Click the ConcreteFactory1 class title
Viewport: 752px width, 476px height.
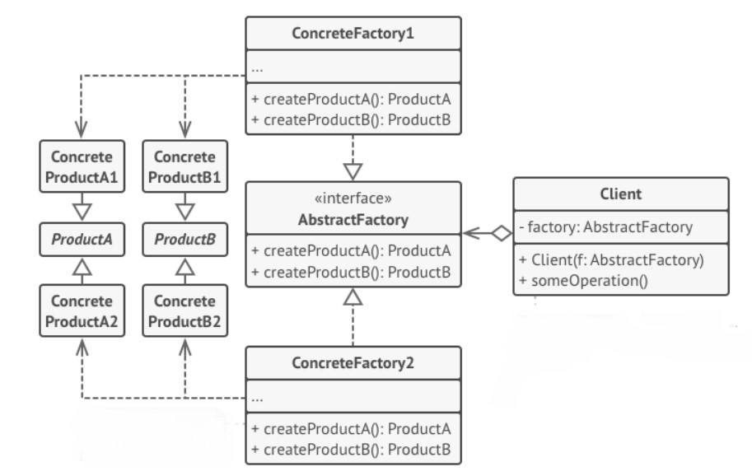pyautogui.click(x=353, y=33)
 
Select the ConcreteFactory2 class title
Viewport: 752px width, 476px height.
pyautogui.click(x=353, y=363)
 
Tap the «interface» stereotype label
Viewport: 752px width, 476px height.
pyautogui.click(x=353, y=198)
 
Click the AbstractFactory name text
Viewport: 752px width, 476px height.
pyautogui.click(x=353, y=220)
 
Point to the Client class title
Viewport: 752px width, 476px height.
pyautogui.click(x=620, y=194)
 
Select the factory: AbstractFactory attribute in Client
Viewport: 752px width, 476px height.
pyautogui.click(x=605, y=226)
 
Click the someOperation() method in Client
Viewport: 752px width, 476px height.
pyautogui.click(x=584, y=281)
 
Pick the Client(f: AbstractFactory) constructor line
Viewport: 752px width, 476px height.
pyautogui.click(x=611, y=259)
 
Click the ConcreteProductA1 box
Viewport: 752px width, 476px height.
pyautogui.click(x=82, y=166)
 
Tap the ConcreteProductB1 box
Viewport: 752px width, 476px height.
pyautogui.click(x=185, y=166)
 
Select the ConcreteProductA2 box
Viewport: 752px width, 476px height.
pyautogui.click(x=82, y=310)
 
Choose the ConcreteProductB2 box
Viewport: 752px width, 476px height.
pyautogui.click(x=185, y=310)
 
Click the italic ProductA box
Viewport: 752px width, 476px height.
pyautogui.click(x=82, y=239)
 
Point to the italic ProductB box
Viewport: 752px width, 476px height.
pyautogui.click(x=185, y=239)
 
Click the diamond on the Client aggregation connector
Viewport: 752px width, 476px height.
pyautogui.click(x=502, y=233)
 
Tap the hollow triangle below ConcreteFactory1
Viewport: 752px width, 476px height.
pyautogui.click(x=353, y=171)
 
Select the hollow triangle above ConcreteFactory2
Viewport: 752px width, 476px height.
pyautogui.click(x=353, y=297)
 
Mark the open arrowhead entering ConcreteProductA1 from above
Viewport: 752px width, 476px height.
pyautogui.click(x=82, y=128)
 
